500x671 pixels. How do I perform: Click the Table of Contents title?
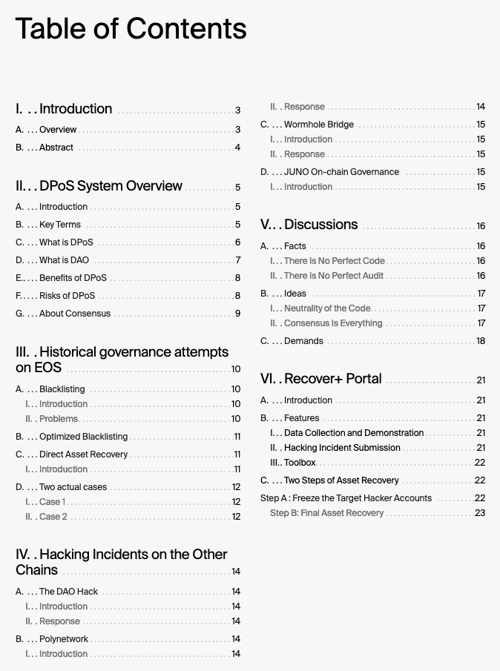[131, 29]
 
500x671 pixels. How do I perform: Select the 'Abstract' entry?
[56, 148]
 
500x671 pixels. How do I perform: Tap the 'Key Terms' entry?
[60, 225]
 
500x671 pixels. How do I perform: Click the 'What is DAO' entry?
[64, 260]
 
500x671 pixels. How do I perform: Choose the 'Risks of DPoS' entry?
[67, 296]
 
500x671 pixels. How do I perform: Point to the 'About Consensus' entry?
[74, 314]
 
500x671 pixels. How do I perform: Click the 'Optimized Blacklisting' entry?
[83, 437]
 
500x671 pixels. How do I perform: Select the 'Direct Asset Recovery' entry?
[83, 455]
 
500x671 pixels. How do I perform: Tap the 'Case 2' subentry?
[53, 517]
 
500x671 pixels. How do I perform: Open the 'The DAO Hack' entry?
[68, 592]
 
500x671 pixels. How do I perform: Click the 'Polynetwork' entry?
[64, 639]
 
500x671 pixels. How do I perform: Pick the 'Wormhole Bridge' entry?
[319, 125]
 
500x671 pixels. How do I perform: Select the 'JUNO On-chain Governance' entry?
[341, 172]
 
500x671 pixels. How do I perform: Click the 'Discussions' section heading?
[320, 225]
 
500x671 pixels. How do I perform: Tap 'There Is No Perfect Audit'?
[334, 276]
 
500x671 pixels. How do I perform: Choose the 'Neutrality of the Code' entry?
[327, 308]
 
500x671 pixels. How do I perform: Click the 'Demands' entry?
[303, 341]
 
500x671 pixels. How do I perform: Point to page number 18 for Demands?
[481, 341]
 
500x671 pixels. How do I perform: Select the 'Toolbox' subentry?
[300, 463]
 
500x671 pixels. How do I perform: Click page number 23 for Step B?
[480, 513]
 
